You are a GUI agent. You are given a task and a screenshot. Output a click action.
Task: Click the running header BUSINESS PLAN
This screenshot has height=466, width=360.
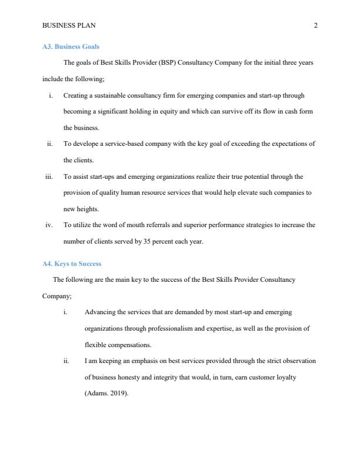click(69, 25)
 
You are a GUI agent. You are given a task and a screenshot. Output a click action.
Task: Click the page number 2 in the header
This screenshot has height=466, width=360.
click(316, 25)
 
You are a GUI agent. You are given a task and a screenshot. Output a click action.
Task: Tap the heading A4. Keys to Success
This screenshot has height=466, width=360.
click(72, 264)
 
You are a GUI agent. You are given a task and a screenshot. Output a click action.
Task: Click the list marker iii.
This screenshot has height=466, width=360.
click(49, 176)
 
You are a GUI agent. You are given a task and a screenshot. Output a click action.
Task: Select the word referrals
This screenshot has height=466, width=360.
click(161, 225)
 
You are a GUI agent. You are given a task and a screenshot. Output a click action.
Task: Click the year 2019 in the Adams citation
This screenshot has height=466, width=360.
click(118, 394)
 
